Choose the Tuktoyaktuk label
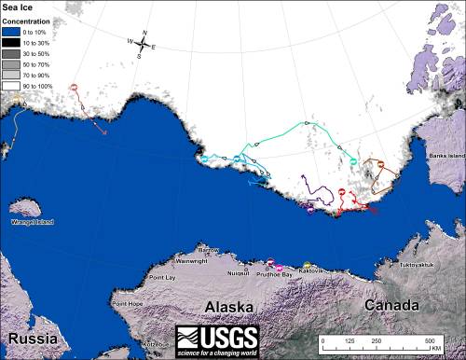[x=415, y=265]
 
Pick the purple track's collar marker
[x=310, y=209]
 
